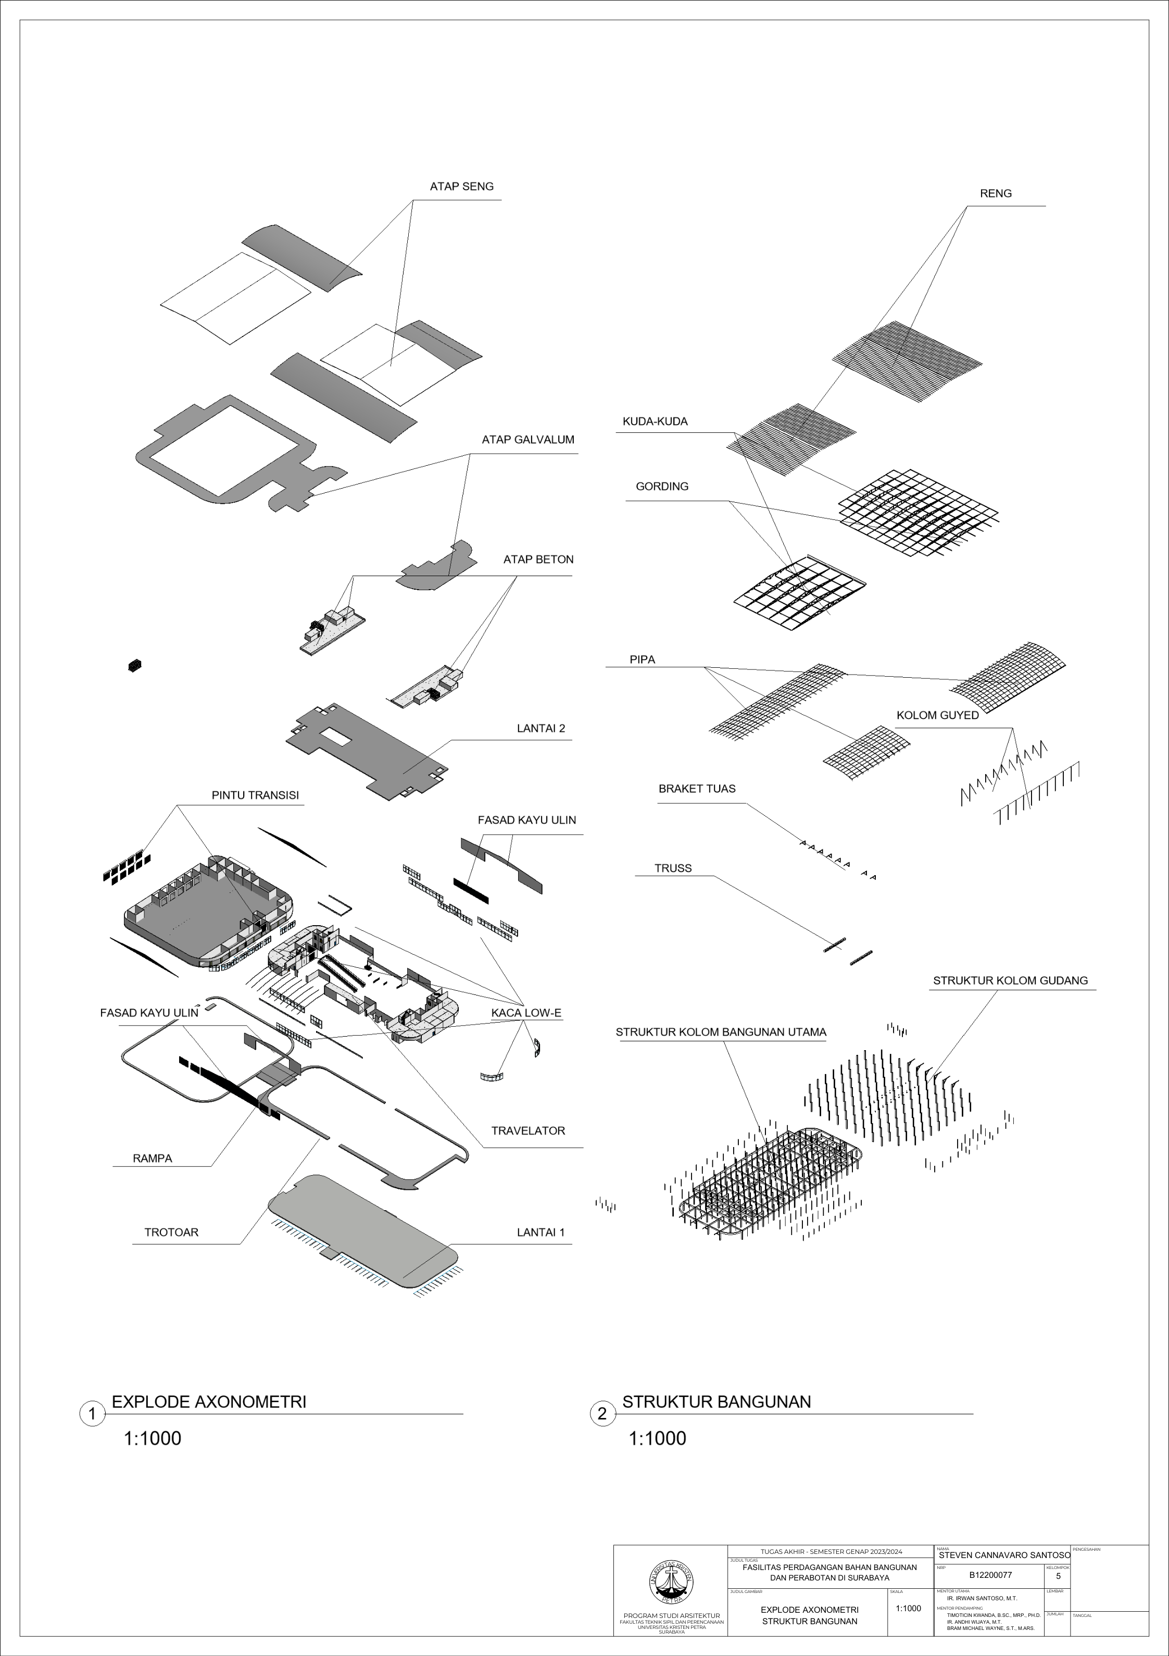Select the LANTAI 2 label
click(x=541, y=728)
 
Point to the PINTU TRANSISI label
click(x=255, y=795)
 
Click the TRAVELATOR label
click(x=528, y=1131)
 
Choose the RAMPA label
click(x=152, y=1159)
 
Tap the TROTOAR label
click(x=171, y=1232)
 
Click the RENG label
click(x=995, y=194)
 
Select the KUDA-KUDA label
click(x=655, y=422)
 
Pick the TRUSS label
click(x=673, y=868)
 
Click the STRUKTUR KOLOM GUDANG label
click(x=1010, y=981)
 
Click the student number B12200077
click(x=990, y=1575)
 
